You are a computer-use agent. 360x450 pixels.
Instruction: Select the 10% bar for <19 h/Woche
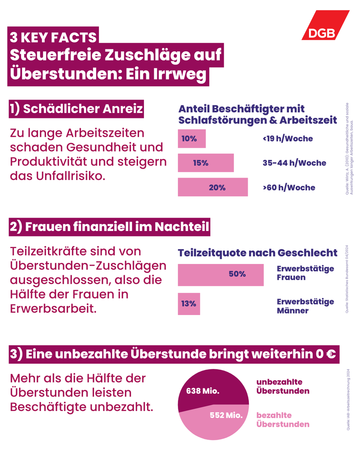coord(192,138)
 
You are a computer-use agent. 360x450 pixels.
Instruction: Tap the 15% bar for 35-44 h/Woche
coord(205,163)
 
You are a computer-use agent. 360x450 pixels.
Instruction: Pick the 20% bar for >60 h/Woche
coord(213,187)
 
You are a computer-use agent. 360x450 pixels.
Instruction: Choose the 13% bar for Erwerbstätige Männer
coord(189,304)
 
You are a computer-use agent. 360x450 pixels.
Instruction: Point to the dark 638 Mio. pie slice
coord(210,388)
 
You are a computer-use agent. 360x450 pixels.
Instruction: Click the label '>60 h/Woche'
coord(289,187)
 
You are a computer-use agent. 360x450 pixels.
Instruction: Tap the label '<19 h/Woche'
coord(288,138)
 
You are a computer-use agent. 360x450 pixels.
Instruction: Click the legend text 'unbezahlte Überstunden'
coord(283,386)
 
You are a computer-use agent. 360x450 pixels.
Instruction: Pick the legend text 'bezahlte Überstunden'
coord(283,420)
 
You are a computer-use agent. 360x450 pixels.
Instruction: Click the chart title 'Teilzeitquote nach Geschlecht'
coord(257,253)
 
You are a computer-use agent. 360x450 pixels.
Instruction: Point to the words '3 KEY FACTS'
coord(54,37)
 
